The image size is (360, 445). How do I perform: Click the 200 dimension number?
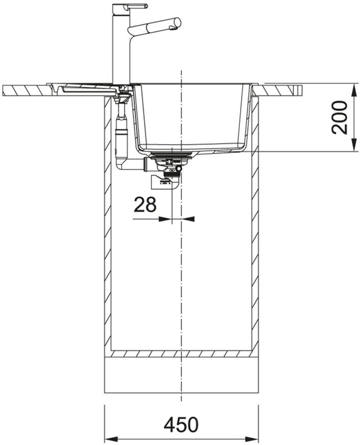[340, 117]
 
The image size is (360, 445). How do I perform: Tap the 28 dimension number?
[145, 205]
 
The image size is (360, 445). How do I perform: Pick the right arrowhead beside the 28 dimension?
[188, 219]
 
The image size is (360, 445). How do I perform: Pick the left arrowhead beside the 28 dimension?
[165, 219]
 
